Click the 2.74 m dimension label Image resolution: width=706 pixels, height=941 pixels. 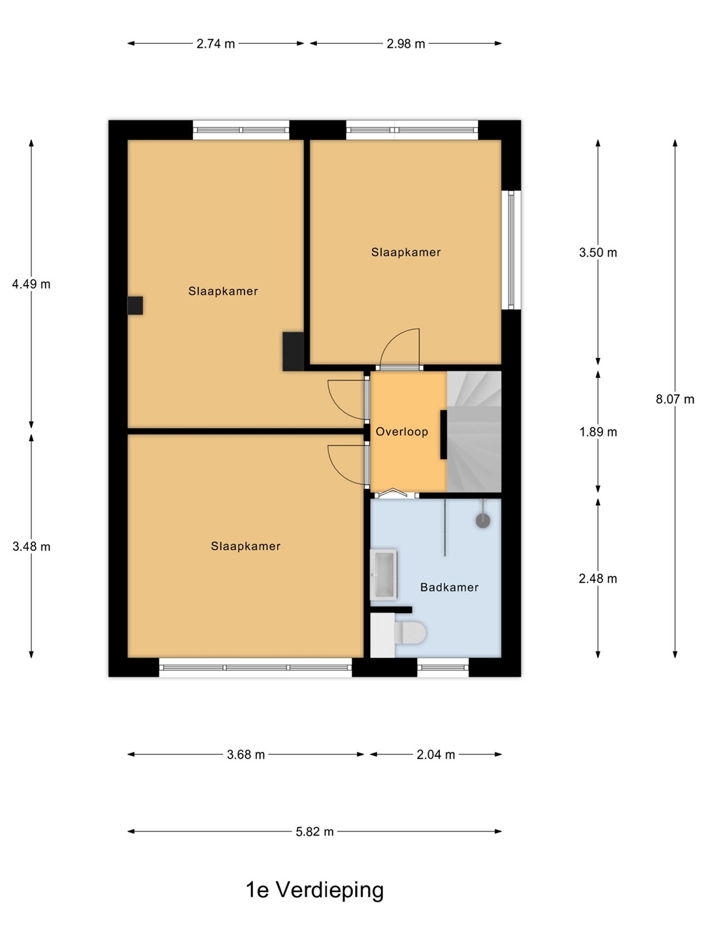[x=216, y=44]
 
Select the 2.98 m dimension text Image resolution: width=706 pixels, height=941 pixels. [x=405, y=44]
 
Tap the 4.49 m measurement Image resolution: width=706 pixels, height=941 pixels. [x=31, y=284]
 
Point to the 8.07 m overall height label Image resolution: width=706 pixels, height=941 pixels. [x=675, y=399]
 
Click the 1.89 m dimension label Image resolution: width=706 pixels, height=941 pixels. [x=598, y=432]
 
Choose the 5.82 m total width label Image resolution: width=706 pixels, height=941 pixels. [x=314, y=832]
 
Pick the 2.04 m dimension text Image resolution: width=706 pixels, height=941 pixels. [x=435, y=755]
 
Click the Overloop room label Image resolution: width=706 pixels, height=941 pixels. [x=401, y=432]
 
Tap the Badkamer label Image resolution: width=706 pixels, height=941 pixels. [x=449, y=587]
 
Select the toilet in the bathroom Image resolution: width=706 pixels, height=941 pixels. [x=409, y=633]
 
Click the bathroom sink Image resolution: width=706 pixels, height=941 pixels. [x=384, y=574]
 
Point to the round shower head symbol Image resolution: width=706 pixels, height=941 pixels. [x=483, y=520]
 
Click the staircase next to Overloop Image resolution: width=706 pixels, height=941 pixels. [x=474, y=432]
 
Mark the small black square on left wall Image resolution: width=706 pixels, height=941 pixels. [x=135, y=306]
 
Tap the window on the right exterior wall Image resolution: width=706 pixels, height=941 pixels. [x=511, y=250]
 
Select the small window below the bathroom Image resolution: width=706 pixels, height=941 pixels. [x=443, y=667]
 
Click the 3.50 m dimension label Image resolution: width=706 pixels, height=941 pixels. [x=598, y=252]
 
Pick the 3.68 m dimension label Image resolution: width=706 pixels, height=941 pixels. [x=246, y=755]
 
